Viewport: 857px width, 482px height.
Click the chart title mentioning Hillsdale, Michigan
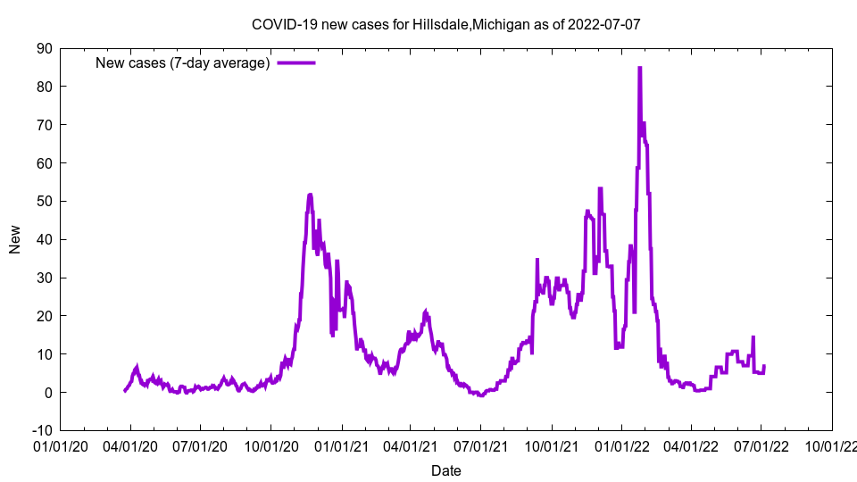pyautogui.click(x=445, y=24)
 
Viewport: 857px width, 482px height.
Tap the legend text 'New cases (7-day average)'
pyautogui.click(x=183, y=62)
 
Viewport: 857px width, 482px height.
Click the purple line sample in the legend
pyautogui.click(x=296, y=62)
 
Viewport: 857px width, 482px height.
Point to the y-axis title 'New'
pyautogui.click(x=15, y=239)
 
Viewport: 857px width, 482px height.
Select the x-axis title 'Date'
pyautogui.click(x=445, y=470)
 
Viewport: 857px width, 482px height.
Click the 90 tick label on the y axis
pyautogui.click(x=44, y=48)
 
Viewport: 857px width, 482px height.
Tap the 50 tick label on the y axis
pyautogui.click(x=44, y=202)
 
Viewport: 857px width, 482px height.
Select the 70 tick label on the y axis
pyautogui.click(x=44, y=125)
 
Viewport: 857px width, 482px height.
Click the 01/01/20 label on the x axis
pyautogui.click(x=61, y=445)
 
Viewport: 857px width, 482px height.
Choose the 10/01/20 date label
pyautogui.click(x=271, y=445)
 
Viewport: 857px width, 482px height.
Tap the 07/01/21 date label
pyautogui.click(x=480, y=445)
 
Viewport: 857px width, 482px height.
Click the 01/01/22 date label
pyautogui.click(x=622, y=445)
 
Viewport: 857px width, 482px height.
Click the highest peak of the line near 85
pyautogui.click(x=639, y=68)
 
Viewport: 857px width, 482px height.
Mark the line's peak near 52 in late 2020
pyautogui.click(x=310, y=195)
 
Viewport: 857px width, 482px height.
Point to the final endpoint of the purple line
pyautogui.click(x=764, y=366)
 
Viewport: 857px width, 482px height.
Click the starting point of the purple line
pyautogui.click(x=125, y=391)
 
